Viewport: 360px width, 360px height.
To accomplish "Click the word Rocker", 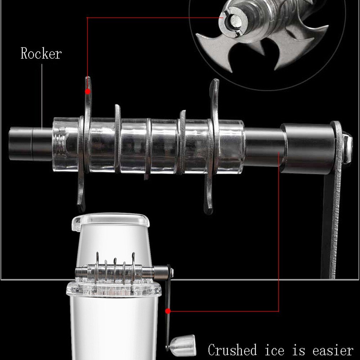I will [41, 54].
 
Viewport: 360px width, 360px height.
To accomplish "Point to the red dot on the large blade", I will [87, 91].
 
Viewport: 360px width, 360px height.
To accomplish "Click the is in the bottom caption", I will [302, 350].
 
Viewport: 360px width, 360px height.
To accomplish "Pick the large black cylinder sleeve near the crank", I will [306, 148].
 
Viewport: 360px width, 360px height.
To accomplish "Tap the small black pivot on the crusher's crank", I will [169, 270].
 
